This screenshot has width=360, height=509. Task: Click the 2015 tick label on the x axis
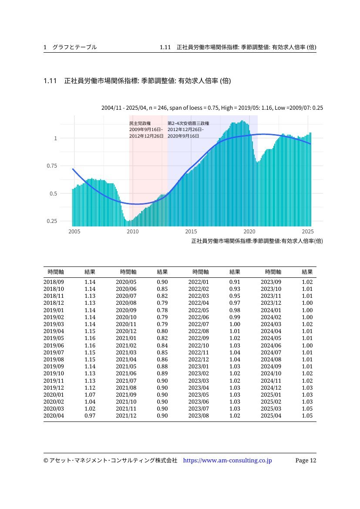coord(191,232)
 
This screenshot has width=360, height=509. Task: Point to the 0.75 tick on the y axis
coord(52,166)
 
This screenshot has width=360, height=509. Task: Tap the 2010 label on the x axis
coord(132,232)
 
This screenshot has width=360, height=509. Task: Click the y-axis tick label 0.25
coord(52,221)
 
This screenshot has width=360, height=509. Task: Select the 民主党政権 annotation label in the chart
coord(140,123)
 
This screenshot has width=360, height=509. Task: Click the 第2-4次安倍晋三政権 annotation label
coord(188,123)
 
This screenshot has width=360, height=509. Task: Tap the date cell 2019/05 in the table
coord(54,338)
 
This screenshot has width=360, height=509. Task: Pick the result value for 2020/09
coord(162,310)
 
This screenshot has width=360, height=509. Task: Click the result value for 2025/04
coord(307,415)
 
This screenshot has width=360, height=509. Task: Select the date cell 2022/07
coord(199,324)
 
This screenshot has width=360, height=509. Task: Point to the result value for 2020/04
coord(90,415)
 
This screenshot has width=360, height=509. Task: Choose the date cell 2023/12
coord(271,303)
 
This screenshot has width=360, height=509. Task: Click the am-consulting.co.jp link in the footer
coord(228,460)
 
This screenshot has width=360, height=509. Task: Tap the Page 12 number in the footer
coord(306,460)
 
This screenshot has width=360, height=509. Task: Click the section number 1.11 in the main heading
coord(50,81)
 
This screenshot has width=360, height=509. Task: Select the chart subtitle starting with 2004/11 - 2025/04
coord(212,108)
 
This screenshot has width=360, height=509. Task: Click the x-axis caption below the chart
coord(257,241)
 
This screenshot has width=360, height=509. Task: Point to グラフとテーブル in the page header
coord(75,47)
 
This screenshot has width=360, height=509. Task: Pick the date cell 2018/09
coord(54,282)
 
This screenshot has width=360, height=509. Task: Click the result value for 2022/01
coord(235,282)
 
